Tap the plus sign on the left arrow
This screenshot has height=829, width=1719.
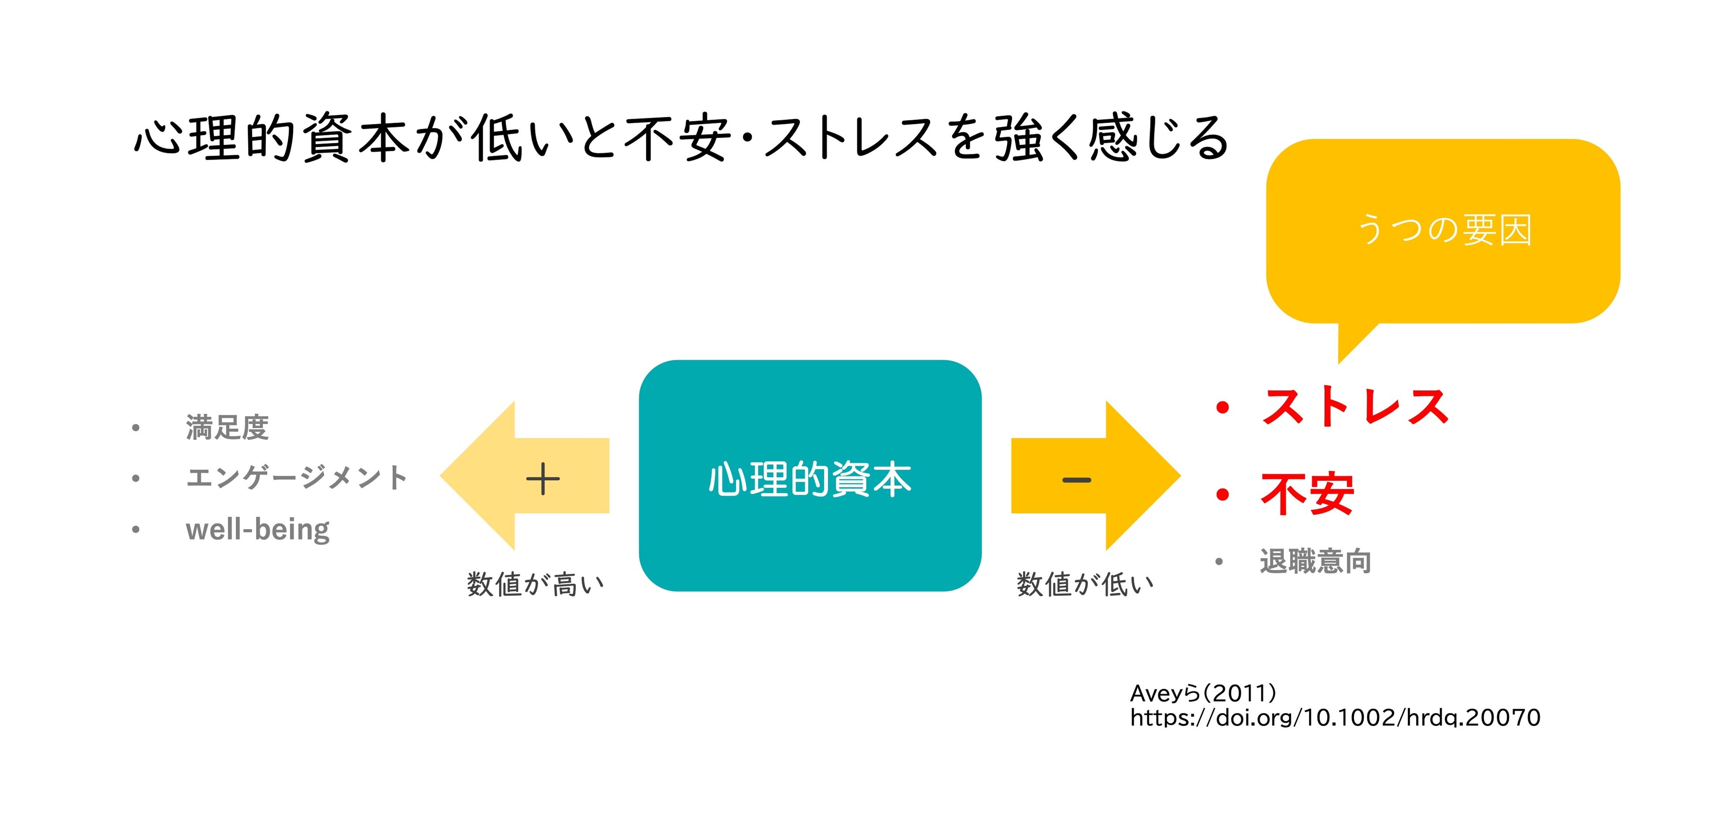543,479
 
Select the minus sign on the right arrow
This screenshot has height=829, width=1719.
1076,479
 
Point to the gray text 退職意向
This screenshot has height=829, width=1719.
1315,561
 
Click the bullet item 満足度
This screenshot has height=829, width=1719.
227,427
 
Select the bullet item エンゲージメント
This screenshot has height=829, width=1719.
296,477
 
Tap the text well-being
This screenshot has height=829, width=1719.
257,529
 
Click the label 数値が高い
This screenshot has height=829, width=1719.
535,584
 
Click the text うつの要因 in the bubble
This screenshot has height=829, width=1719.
1445,230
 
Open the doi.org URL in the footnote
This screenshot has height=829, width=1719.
1335,717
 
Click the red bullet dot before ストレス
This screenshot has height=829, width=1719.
1223,407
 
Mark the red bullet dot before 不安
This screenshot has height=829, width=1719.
1223,494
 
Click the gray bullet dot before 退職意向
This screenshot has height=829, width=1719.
1219,562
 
